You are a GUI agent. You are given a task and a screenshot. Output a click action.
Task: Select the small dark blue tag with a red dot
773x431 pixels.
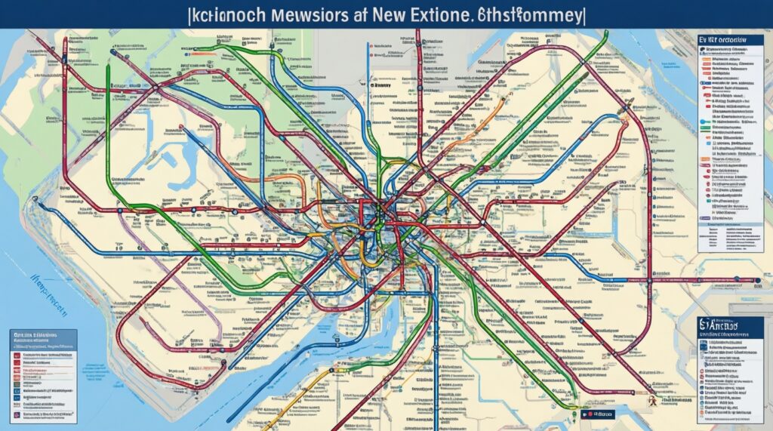pyautogui.click(x=596, y=414)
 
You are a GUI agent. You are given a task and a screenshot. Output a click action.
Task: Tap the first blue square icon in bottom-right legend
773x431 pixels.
pyautogui.click(x=706, y=343)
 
